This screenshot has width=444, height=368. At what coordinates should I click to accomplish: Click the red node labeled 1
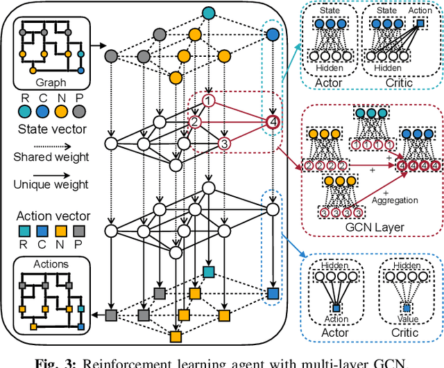[207, 102]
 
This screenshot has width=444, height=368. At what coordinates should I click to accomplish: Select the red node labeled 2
[196, 123]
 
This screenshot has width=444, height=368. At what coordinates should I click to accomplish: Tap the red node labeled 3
[224, 143]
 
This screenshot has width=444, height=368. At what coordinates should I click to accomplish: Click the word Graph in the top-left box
[47, 81]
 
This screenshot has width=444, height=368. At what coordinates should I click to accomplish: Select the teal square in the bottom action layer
[207, 271]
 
